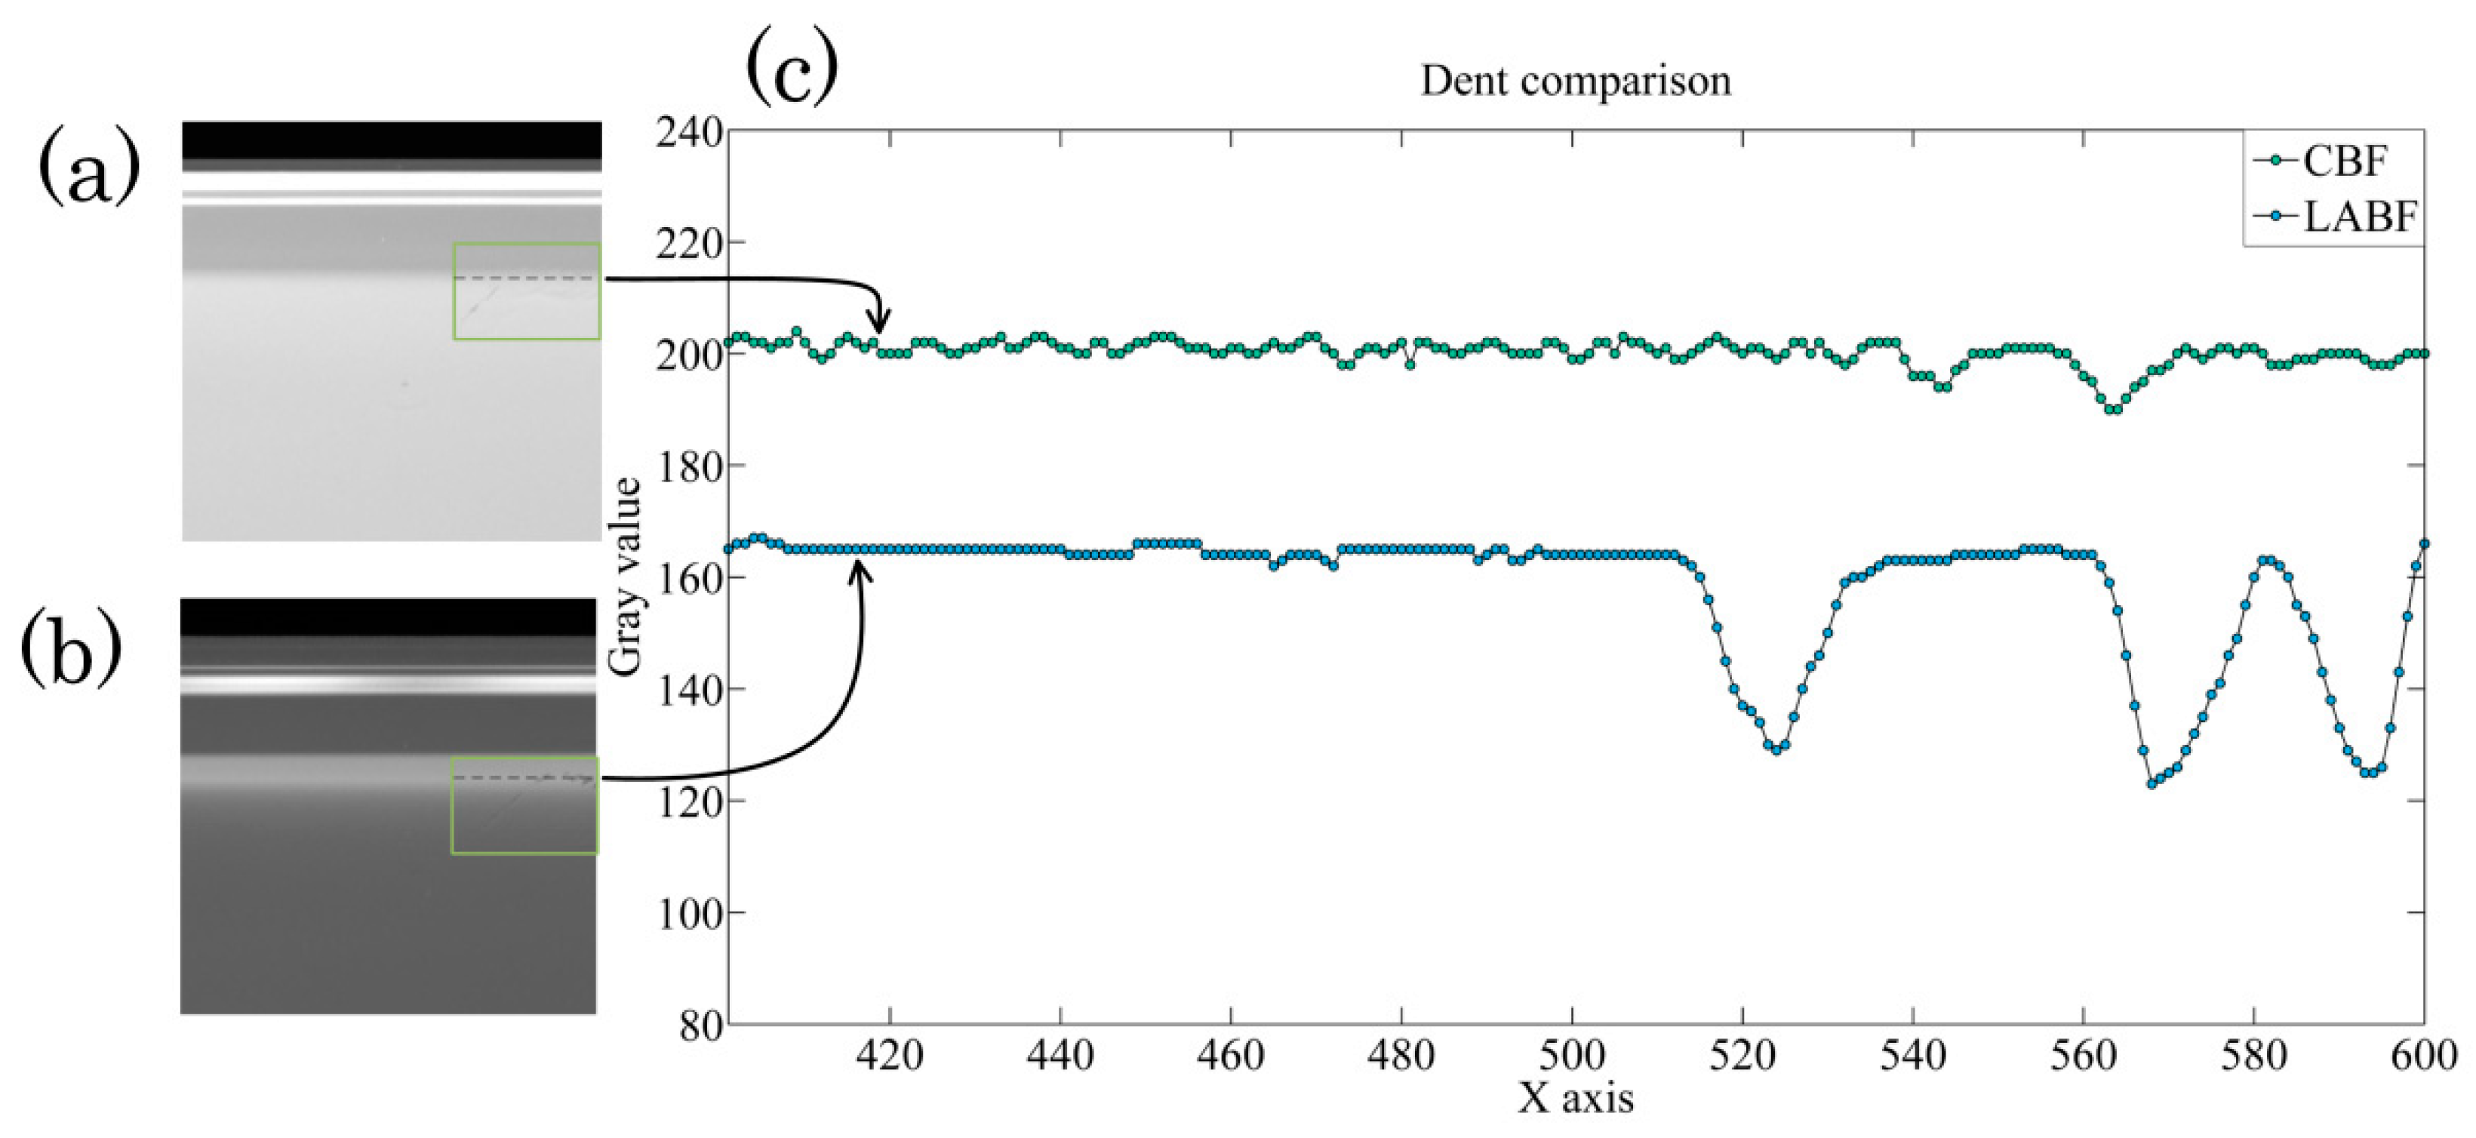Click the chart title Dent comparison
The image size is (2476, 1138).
[1576, 82]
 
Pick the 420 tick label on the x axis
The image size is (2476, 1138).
[890, 1055]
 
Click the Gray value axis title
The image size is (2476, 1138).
[626, 577]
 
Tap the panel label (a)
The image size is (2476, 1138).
[88, 169]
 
